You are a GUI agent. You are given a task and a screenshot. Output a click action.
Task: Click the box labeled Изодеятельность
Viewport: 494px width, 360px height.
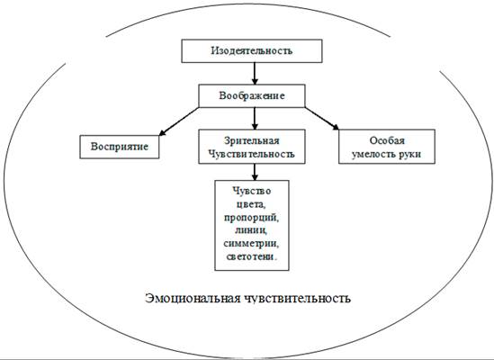252,50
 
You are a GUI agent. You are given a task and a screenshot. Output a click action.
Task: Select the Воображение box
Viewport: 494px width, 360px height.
252,95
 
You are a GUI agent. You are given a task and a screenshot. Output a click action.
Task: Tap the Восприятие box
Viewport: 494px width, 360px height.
120,147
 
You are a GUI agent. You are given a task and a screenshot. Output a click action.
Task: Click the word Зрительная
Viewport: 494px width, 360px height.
252,140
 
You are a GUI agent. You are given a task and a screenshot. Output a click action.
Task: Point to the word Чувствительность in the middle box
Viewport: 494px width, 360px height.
252,154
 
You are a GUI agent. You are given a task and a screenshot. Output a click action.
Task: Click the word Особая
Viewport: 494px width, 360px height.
387,140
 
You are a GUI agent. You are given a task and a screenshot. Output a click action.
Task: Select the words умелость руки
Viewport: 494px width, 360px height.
387,154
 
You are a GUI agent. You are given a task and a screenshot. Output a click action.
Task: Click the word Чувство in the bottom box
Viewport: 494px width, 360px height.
252,191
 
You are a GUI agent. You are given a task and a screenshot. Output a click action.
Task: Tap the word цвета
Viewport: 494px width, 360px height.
252,204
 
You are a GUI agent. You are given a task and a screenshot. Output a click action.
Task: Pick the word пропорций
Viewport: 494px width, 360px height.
252,218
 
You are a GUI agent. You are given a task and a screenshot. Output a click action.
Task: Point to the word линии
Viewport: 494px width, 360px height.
251,230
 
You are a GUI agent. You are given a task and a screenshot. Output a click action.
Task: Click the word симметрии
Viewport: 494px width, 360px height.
252,243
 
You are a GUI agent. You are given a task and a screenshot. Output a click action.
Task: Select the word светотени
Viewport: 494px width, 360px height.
252,256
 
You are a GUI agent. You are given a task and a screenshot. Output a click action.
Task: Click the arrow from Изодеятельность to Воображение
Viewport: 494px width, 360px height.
255,74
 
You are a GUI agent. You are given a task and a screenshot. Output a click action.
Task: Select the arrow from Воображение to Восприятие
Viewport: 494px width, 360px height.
179,121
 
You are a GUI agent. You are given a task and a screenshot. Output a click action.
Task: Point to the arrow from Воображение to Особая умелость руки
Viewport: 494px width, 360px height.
321,119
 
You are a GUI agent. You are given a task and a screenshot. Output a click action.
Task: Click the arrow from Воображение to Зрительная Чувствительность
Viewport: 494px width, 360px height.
255,119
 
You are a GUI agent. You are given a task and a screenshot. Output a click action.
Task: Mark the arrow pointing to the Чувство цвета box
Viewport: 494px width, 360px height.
255,172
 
